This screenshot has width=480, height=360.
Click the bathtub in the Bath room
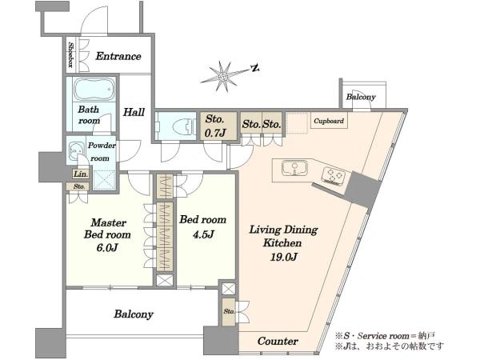pos(94,89)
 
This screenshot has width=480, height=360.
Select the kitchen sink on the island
pos(294,168)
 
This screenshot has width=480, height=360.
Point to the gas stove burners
pos(333,176)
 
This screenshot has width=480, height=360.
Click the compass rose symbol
pos(224,76)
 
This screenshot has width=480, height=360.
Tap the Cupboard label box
pos(329,121)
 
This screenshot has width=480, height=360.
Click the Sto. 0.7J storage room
pos(218,126)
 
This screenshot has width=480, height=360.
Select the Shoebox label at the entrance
pos(70,54)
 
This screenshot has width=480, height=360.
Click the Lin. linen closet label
pos(81,174)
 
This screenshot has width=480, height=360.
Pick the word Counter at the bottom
pos(278,341)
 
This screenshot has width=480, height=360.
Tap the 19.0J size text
pos(284,257)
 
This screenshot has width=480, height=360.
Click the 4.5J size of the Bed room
pos(203,234)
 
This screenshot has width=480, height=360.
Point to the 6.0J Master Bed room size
pos(107,247)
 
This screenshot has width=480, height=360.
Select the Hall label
pos(134,112)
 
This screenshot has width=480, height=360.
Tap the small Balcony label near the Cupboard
pos(361,97)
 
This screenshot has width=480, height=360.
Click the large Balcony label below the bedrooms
pos(134,314)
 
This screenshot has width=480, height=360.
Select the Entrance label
pos(118,56)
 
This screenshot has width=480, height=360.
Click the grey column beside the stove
pos(363,190)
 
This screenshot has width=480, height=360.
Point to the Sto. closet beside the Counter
pos(228,312)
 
